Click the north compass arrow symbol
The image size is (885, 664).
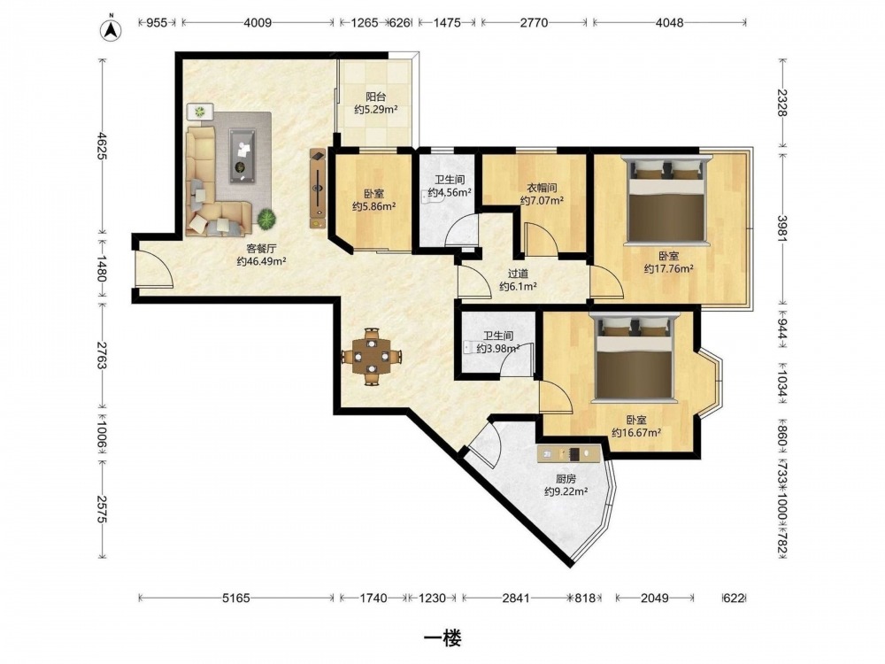coord(112,29)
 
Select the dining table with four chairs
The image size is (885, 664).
coord(372,356)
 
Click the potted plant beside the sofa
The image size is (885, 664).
coord(266,219)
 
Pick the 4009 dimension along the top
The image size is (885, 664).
coord(257,23)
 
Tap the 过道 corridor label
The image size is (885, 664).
coord(518,274)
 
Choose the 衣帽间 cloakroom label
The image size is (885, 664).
coord(542,188)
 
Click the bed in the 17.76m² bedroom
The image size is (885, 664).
coord(667,200)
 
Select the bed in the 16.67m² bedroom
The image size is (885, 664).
coord(635,358)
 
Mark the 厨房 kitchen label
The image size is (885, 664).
coord(566,479)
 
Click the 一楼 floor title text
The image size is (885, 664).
coord(442,638)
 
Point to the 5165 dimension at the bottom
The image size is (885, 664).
coord(236,598)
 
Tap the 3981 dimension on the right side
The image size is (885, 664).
coord(782,228)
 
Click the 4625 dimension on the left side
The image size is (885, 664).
coord(102,146)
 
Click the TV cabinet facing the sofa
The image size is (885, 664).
coord(318,188)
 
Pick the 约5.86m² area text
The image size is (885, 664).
coord(373,206)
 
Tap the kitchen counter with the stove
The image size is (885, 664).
coord(568,453)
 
